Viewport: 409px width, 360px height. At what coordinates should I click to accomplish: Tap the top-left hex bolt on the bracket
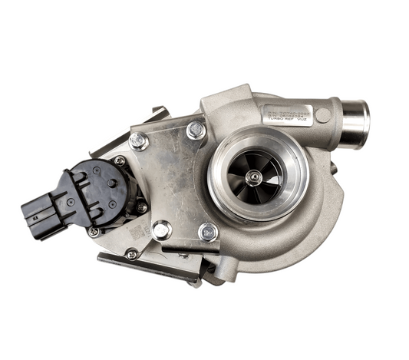point(139,141)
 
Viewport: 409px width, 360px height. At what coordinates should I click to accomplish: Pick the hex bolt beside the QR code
point(162,230)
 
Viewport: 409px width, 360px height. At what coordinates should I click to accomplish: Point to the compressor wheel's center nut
point(253,176)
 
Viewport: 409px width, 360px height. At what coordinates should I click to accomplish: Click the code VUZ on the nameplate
point(304,121)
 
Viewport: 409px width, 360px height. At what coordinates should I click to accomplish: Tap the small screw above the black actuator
point(120,161)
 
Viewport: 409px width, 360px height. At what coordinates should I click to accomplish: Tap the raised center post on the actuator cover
point(113,183)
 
